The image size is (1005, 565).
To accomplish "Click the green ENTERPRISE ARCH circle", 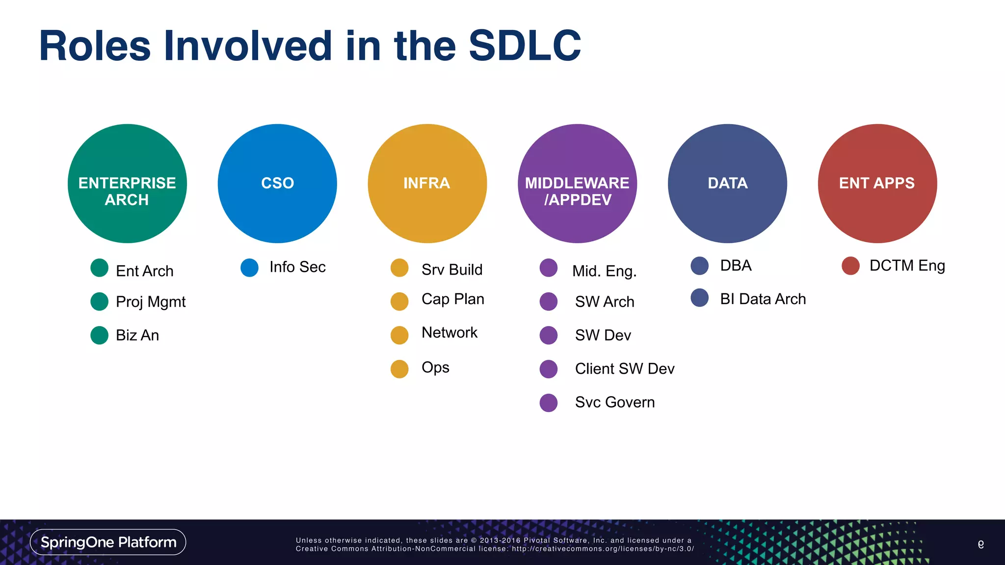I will tap(127, 183).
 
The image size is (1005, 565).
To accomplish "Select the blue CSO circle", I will tap(277, 183).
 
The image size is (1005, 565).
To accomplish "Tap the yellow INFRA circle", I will tap(427, 183).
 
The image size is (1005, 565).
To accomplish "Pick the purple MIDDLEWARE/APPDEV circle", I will tap(577, 183).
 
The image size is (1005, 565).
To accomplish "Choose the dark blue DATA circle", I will tap(727, 183).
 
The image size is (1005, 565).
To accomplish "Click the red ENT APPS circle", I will tap(877, 183).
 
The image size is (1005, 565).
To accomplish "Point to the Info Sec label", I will tap(297, 267).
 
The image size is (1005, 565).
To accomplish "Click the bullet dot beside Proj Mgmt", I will tap(100, 302).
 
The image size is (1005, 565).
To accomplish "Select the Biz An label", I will tap(137, 335).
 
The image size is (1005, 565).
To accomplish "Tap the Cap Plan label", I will tap(452, 299).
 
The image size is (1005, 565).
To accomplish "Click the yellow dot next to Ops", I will tap(399, 369).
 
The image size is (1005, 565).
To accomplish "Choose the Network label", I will tap(449, 333).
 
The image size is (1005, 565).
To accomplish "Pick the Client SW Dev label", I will tap(624, 369).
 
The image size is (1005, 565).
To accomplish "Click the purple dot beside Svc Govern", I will tap(549, 403).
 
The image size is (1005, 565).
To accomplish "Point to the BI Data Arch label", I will tap(763, 299).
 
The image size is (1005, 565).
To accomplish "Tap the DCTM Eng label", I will tap(907, 265).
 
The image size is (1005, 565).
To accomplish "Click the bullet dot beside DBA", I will tap(699, 265).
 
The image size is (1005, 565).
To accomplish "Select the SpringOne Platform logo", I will tap(108, 542).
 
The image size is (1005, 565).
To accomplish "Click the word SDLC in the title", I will tap(525, 46).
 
